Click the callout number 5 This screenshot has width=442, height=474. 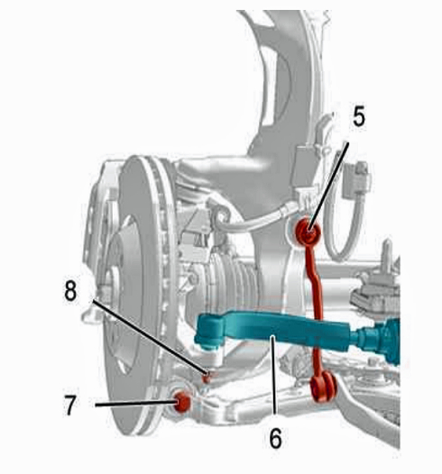coord(359,117)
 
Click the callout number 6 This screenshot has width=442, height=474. coord(275,438)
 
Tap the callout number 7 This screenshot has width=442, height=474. coord(70,406)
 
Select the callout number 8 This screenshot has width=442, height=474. coord(70,291)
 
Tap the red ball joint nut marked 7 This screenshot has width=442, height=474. coord(183,401)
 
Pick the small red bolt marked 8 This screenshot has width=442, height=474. coord(207,378)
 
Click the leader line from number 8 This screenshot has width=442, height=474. coord(150,337)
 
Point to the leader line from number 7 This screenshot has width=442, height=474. coord(136,404)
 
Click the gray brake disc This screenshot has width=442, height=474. coord(139,297)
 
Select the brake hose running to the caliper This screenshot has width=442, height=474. coord(257,218)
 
